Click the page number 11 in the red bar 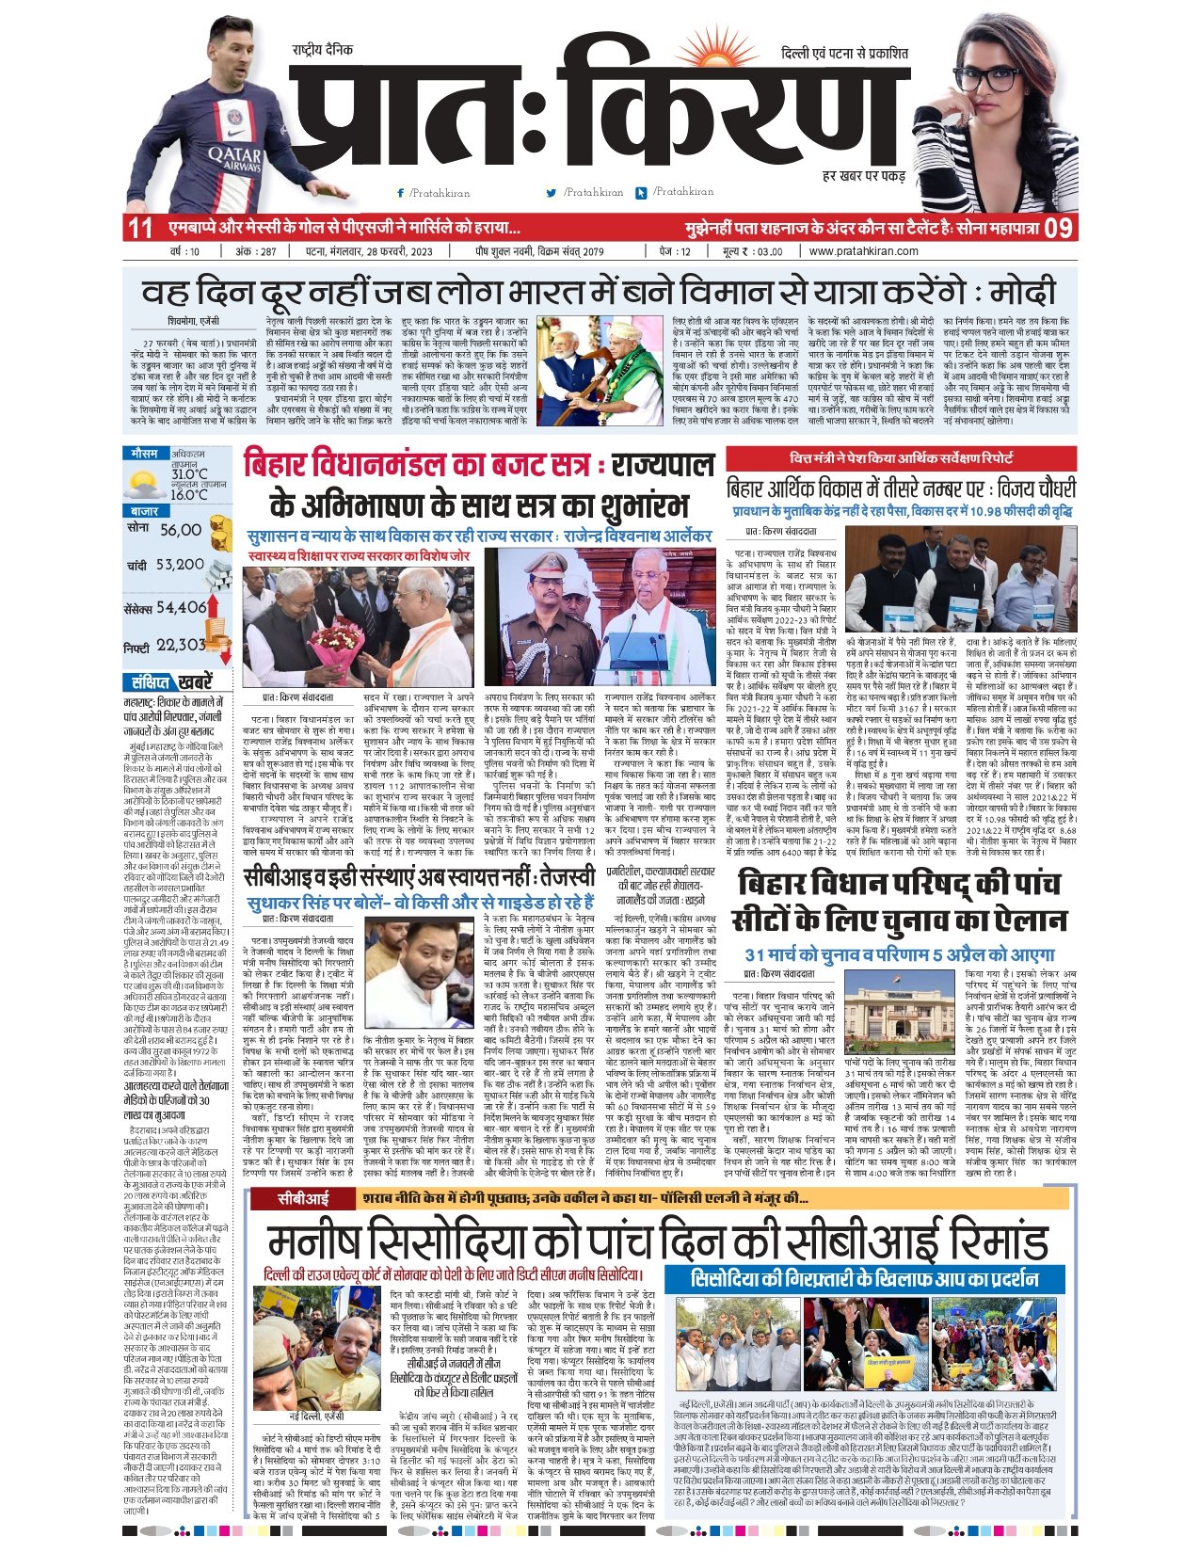point(140,227)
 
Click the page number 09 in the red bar point(1058,227)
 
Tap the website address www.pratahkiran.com point(863,251)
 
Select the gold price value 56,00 point(181,530)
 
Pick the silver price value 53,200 point(180,564)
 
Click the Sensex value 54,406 point(182,607)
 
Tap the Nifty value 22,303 point(181,645)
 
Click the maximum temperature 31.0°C point(189,473)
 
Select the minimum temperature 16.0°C point(189,494)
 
